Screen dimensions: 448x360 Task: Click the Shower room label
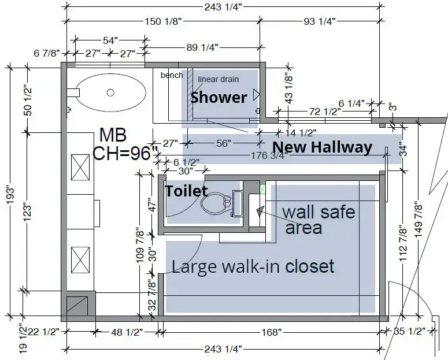(219, 98)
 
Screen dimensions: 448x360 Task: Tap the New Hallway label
(323, 147)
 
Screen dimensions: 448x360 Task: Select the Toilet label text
(187, 191)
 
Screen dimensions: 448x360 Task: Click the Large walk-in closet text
(253, 266)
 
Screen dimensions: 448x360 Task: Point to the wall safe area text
(319, 220)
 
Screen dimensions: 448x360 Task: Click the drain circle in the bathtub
(110, 92)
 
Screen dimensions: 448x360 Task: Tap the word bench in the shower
(172, 75)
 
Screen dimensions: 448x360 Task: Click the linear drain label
(219, 79)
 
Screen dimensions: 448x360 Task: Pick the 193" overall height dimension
(10, 196)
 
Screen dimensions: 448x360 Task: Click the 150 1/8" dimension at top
(163, 21)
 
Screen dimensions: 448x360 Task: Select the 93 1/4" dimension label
(320, 21)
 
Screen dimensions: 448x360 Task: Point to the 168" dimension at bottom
(272, 332)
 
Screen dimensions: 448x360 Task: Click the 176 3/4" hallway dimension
(269, 155)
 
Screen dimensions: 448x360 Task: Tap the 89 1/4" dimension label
(202, 47)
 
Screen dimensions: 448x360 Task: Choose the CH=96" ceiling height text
(125, 153)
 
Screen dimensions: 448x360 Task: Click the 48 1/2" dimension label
(127, 332)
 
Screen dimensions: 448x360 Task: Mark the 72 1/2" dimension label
(325, 112)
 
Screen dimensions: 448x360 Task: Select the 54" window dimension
(110, 40)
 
